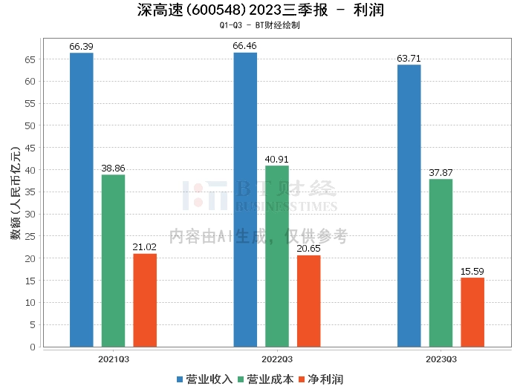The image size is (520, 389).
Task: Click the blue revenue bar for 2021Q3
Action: tap(82, 200)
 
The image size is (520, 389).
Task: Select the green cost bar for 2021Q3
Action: tap(113, 261)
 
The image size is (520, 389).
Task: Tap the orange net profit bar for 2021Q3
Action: tap(145, 300)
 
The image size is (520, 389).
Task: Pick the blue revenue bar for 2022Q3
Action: tap(245, 200)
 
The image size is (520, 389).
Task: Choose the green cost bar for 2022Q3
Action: tap(277, 256)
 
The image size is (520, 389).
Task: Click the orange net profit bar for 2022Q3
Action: tap(308, 301)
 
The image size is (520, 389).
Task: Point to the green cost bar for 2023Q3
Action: tap(441, 263)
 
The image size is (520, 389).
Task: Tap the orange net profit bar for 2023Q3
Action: tap(472, 312)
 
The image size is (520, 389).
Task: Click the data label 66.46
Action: tap(245, 46)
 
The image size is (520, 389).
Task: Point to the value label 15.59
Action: tap(472, 272)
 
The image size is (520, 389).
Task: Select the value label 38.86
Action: tap(113, 169)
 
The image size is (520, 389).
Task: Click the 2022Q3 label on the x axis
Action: tap(277, 358)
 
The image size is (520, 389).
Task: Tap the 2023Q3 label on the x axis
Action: tap(441, 358)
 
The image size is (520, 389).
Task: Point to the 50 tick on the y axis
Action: tap(30, 125)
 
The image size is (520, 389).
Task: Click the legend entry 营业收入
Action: tap(205, 379)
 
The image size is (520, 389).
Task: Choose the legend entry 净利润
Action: tap(320, 379)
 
